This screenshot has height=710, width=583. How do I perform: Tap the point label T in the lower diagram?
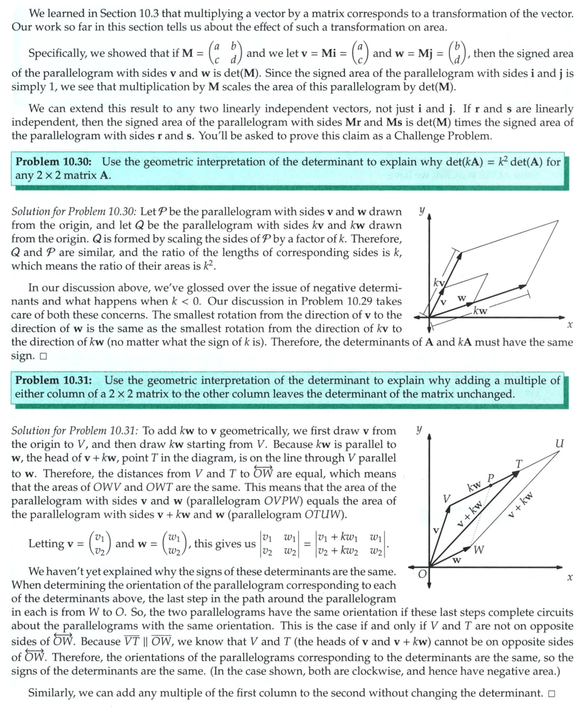click(x=518, y=464)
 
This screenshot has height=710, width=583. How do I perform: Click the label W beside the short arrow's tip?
click(x=479, y=550)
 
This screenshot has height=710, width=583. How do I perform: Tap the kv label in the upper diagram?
click(x=438, y=283)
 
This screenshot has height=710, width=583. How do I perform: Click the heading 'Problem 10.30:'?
click(x=53, y=162)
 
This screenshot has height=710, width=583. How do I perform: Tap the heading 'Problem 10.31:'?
click(x=54, y=380)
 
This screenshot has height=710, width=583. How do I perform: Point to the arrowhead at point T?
click(x=514, y=473)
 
